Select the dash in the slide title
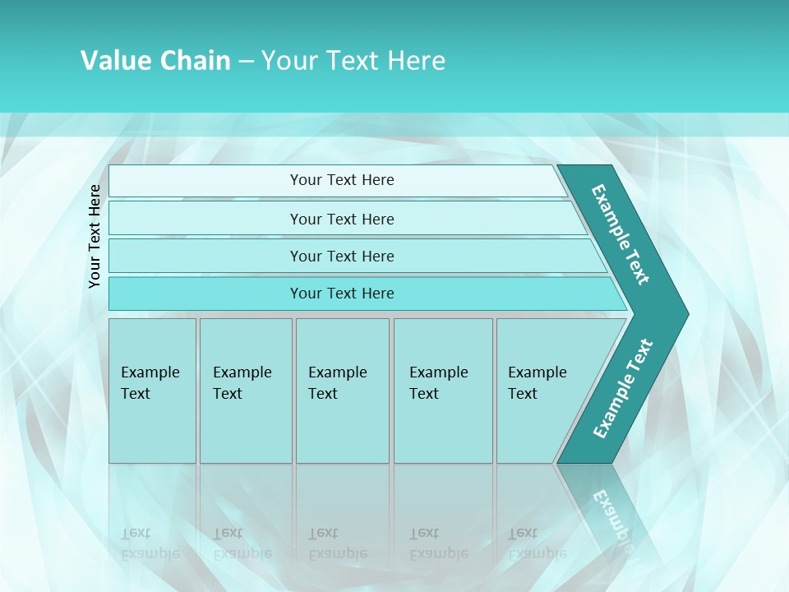(x=246, y=62)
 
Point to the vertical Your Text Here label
(x=95, y=237)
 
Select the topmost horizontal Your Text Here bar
(x=341, y=180)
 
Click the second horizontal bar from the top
(x=341, y=219)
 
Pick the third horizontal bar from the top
(x=341, y=256)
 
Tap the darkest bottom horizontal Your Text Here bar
(x=341, y=294)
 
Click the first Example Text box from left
(x=152, y=390)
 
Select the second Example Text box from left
(x=245, y=390)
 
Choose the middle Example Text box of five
(x=342, y=390)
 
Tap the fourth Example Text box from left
(x=442, y=390)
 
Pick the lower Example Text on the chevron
(x=622, y=389)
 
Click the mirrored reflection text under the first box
(x=150, y=543)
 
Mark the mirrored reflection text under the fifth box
(x=537, y=543)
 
